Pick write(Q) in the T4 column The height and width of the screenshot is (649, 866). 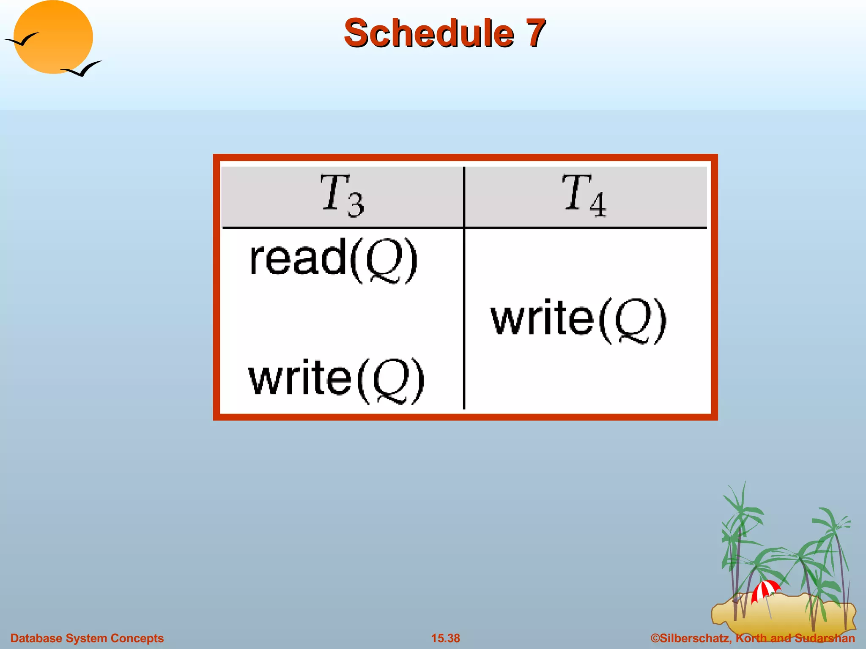click(x=578, y=320)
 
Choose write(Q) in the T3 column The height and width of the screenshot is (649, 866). click(x=336, y=380)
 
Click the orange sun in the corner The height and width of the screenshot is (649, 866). click(x=53, y=37)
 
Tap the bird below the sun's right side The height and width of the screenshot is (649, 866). click(x=82, y=69)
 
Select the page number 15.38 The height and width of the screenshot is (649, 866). click(x=445, y=638)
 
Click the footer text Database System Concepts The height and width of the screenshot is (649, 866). click(x=87, y=638)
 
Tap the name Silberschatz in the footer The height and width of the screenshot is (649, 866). click(x=696, y=638)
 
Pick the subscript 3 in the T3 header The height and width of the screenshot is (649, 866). click(x=356, y=205)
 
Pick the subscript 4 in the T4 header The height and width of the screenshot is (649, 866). click(x=598, y=205)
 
